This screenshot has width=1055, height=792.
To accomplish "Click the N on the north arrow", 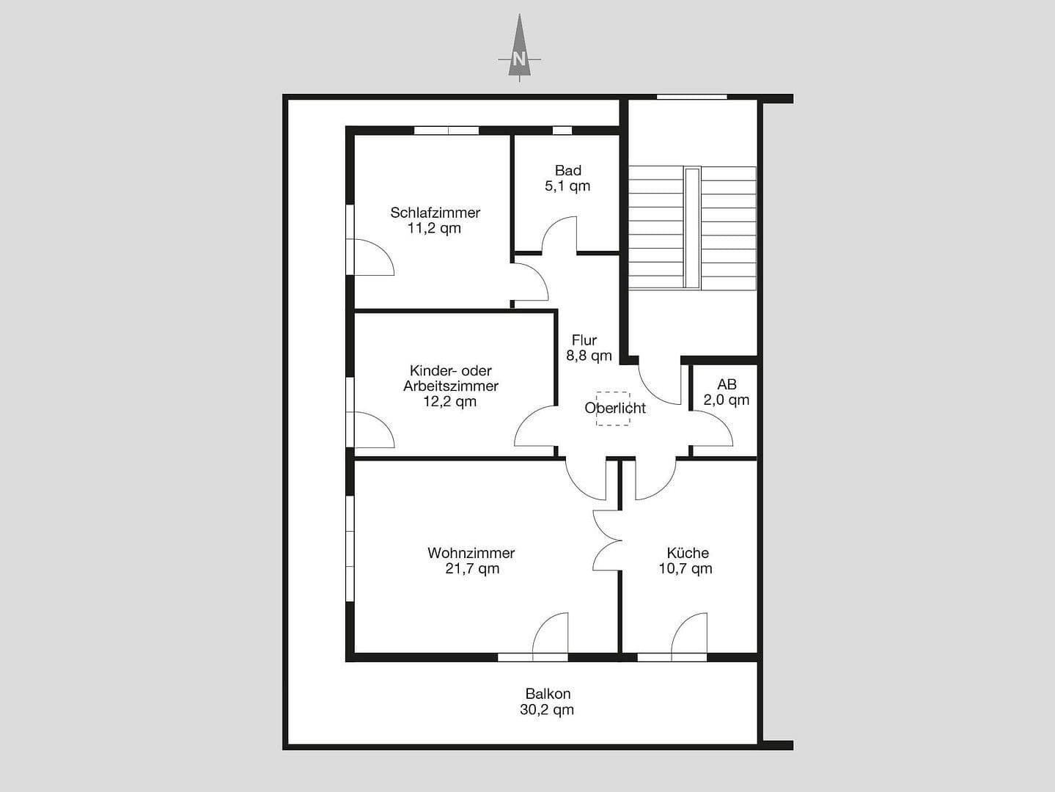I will (x=519, y=59).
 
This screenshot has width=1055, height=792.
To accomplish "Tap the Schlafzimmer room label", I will (x=435, y=213).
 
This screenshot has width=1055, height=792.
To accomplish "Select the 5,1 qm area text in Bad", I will (x=567, y=186).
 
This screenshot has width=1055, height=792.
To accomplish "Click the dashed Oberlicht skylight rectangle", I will (x=612, y=408).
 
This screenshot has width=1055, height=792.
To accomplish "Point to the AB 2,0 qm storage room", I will (x=726, y=392).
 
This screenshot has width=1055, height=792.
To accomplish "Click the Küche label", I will (x=687, y=553).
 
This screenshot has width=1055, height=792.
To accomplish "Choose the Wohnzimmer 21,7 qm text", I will (x=471, y=561).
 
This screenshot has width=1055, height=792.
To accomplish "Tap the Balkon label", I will (x=548, y=694).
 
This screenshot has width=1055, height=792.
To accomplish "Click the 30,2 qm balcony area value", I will (x=547, y=710).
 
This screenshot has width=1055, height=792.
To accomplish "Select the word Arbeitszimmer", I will (x=451, y=386).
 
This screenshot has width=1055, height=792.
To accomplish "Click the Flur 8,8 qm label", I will (x=588, y=348).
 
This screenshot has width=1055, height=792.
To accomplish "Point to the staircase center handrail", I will (x=691, y=227).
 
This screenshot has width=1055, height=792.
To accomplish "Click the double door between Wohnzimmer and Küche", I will (x=608, y=540).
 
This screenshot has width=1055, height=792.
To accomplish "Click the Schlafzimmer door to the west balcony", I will (x=375, y=257).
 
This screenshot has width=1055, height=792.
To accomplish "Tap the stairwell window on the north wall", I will (x=691, y=97).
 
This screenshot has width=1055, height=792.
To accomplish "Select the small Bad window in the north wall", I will (x=562, y=131).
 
